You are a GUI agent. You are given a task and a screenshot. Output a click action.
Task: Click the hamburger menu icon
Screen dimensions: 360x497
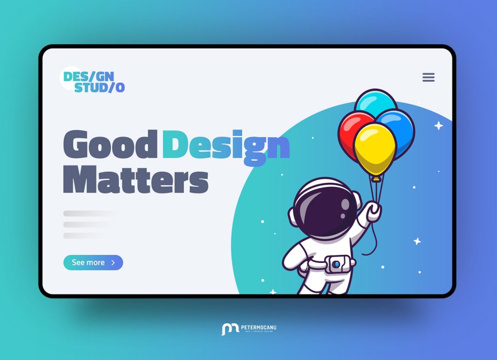pos(429,77)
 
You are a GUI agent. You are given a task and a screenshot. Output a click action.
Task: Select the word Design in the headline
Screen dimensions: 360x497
pos(226,145)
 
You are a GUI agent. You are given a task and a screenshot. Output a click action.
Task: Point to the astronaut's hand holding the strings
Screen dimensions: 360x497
pos(373,212)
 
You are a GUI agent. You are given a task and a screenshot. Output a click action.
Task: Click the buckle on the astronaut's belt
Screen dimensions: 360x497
pos(335,264)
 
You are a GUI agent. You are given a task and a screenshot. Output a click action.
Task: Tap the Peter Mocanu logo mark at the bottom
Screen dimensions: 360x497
pos(230,329)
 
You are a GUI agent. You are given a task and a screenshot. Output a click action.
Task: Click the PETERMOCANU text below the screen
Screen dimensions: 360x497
pos(258,327)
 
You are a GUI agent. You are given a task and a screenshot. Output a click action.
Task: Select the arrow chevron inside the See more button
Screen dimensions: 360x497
pos(113,262)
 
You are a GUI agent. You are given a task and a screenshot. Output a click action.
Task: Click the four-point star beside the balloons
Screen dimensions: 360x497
pos(438,126)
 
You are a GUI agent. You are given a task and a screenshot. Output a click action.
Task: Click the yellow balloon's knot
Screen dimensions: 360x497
pos(375,179)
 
